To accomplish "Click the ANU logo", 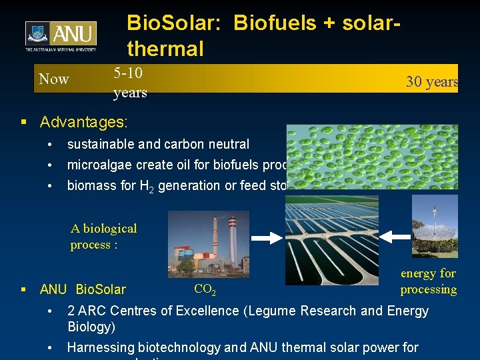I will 61,36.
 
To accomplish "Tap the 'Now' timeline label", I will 54,79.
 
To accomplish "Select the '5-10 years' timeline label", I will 130,82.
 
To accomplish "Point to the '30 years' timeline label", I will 432,82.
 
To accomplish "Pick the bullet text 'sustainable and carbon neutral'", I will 158,144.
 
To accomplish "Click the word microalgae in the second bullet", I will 97,165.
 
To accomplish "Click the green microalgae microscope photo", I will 373,157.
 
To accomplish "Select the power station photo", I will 209,243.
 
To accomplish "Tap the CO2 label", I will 205,289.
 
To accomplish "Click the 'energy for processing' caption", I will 428,281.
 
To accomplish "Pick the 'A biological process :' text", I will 103,237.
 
